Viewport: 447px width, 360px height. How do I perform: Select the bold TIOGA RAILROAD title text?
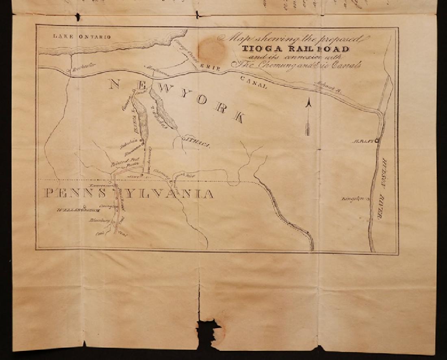click(295, 49)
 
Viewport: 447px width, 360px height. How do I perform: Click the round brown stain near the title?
click(211, 50)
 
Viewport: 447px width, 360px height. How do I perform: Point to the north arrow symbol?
click(308, 117)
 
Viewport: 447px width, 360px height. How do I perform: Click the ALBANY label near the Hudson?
click(365, 141)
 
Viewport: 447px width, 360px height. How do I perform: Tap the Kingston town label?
click(353, 199)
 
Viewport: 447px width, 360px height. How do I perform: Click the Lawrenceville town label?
click(103, 185)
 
